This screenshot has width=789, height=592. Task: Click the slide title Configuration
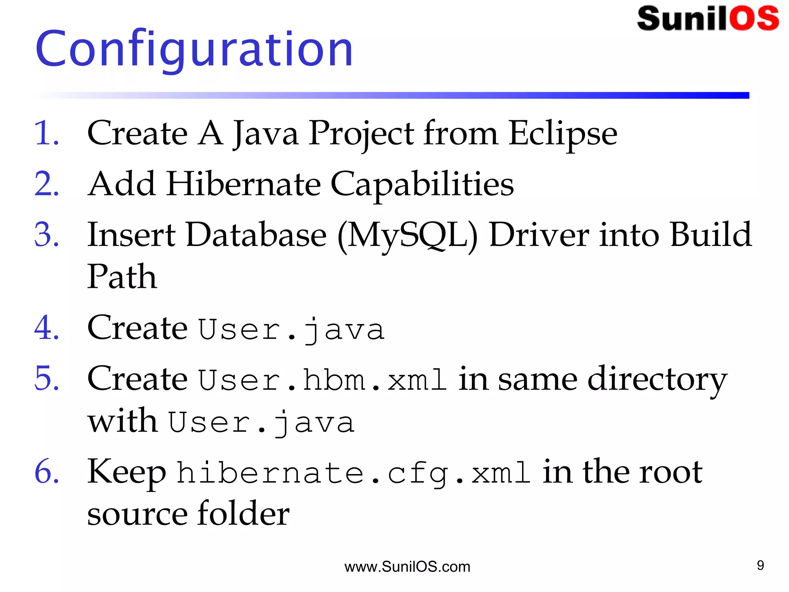pyautogui.click(x=194, y=49)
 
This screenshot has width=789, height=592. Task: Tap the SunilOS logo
pyautogui.click(x=708, y=18)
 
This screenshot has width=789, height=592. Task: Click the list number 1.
pyautogui.click(x=46, y=133)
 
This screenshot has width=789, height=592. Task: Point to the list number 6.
pyautogui.click(x=46, y=471)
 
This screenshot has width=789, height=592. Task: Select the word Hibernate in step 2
pyautogui.click(x=243, y=184)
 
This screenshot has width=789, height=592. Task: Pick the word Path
pyautogui.click(x=122, y=277)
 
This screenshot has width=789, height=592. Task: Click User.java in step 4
pyautogui.click(x=292, y=330)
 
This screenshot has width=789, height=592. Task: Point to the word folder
pyautogui.click(x=243, y=513)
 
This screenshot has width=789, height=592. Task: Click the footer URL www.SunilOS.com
pyautogui.click(x=407, y=567)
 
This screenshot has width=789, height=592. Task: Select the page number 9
pyautogui.click(x=760, y=565)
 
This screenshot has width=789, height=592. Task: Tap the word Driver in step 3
pyautogui.click(x=539, y=235)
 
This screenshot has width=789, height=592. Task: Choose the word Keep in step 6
pyautogui.click(x=127, y=473)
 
